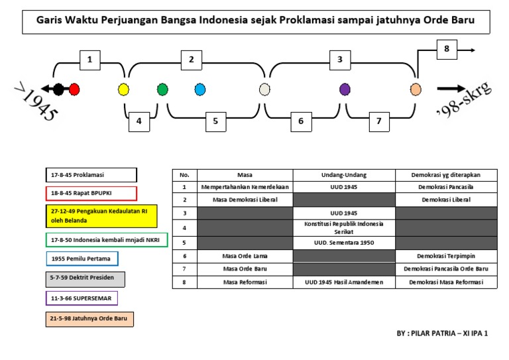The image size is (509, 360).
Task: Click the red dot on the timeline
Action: pos(74,89)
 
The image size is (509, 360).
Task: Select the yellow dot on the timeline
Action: pos(123,89)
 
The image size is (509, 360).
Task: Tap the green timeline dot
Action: pos(162,89)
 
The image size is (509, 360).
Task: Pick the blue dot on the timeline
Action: pos(200,89)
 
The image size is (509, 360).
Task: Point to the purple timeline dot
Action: pos(345,89)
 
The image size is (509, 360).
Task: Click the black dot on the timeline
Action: pos(58,89)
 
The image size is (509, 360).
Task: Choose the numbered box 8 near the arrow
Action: pos(447,48)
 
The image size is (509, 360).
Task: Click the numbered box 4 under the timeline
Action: pos(139,121)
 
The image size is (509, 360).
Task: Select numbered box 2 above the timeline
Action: pos(192,60)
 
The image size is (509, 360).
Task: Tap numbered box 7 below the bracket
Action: pos(378,121)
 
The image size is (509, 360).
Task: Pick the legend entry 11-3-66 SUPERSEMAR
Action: pos(82,298)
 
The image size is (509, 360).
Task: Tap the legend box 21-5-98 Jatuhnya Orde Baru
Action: pos(91,319)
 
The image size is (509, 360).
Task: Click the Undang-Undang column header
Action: pos(344,174)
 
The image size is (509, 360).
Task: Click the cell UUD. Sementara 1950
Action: pos(344,242)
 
